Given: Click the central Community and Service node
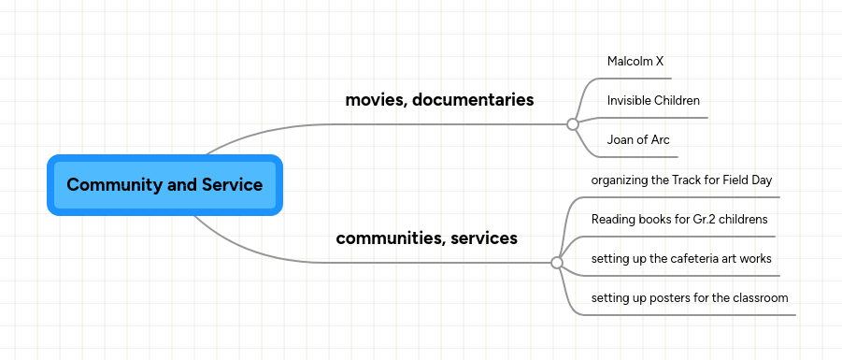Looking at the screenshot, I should (x=164, y=185).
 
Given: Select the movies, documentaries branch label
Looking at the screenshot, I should (x=439, y=100).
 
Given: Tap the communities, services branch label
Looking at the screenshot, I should (x=426, y=238).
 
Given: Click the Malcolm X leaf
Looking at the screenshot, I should (x=635, y=62).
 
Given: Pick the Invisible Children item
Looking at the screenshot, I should (x=653, y=101).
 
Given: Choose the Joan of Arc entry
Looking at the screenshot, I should (x=638, y=140).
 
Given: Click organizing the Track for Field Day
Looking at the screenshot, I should (x=681, y=180).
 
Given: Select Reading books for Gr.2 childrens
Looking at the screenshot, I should (x=679, y=220).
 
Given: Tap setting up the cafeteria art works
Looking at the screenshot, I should (x=681, y=259).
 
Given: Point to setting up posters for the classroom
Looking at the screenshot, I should (x=690, y=298).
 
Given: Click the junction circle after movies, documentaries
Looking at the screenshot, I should (x=572, y=123).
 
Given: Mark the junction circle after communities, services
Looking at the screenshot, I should (x=557, y=263).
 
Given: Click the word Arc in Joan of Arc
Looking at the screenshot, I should (x=660, y=140).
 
